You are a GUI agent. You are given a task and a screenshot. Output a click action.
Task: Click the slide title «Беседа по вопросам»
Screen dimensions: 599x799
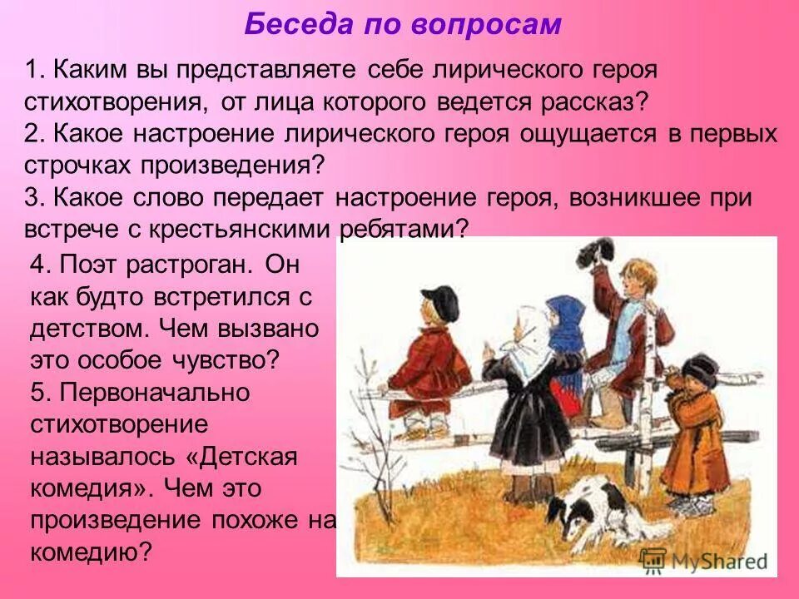[403, 25]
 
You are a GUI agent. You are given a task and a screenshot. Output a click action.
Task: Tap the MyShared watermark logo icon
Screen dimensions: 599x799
[653, 561]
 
